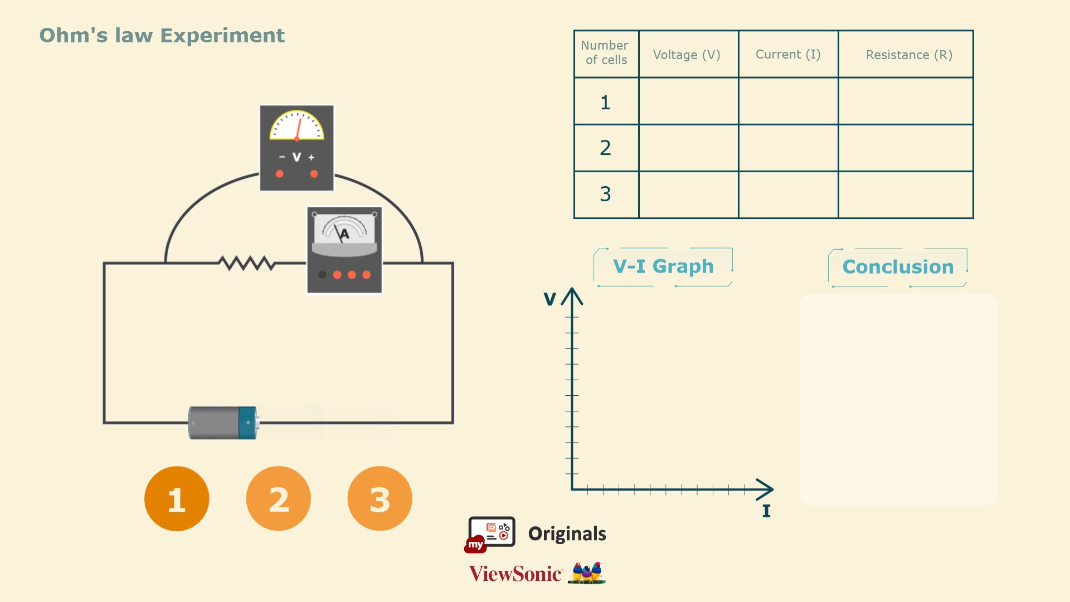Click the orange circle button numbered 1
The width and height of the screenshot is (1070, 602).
tap(177, 499)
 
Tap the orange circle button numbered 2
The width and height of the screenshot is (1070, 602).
tap(278, 499)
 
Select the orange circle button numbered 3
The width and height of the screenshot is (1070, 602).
tap(380, 499)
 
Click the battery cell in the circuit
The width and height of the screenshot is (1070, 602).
tap(223, 423)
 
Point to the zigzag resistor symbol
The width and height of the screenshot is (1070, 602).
tap(246, 263)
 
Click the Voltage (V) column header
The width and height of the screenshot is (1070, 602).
tap(687, 55)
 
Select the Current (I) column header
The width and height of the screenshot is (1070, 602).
tap(788, 55)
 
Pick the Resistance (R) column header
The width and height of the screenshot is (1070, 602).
tap(909, 55)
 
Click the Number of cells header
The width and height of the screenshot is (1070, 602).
tap(605, 53)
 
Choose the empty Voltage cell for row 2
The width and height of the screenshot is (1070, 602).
tap(688, 148)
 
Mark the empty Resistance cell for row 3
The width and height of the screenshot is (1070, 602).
tap(906, 195)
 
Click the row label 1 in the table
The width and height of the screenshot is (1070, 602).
tap(605, 102)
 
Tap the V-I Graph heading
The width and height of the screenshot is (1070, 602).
tap(663, 266)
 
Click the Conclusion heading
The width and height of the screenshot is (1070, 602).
tap(898, 267)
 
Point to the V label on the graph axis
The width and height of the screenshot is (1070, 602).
tap(549, 299)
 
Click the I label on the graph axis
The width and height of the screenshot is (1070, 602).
tap(766, 511)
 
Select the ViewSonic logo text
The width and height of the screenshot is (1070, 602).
tap(515, 574)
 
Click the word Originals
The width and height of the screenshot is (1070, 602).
tap(567, 533)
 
